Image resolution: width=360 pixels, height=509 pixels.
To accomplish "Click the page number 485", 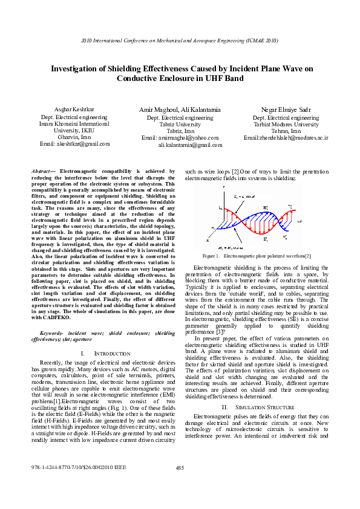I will tap(180, 485).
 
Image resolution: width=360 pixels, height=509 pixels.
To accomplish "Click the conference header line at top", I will tap(180, 41).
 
